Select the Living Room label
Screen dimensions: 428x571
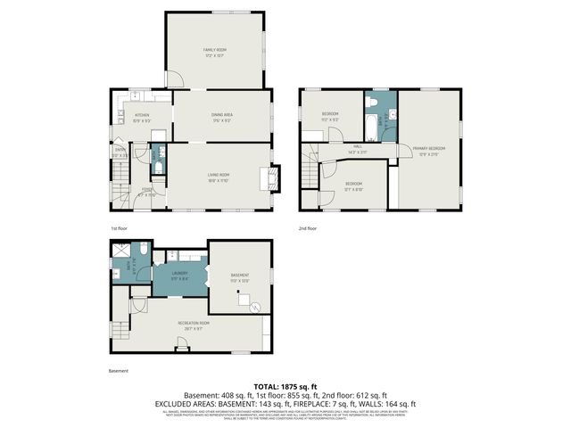(x=219, y=177)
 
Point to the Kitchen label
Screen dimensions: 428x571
(x=142, y=117)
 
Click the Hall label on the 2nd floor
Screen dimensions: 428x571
(x=357, y=149)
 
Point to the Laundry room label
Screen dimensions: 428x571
(x=179, y=275)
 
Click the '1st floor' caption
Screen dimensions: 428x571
(x=120, y=229)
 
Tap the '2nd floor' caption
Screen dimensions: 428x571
(x=308, y=229)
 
